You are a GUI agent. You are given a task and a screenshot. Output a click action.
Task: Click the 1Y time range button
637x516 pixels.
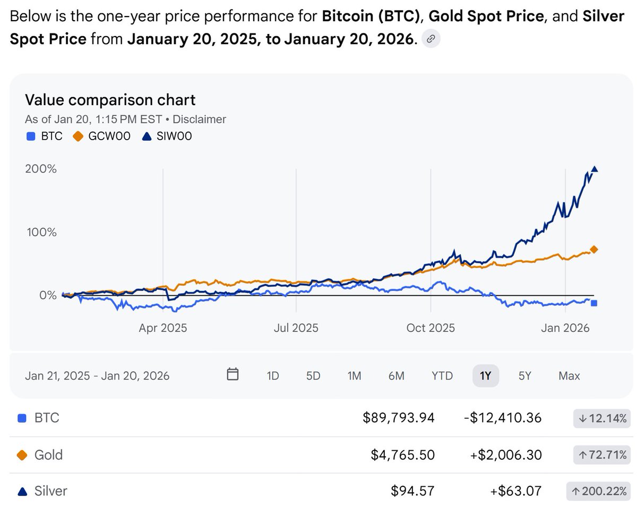(485, 376)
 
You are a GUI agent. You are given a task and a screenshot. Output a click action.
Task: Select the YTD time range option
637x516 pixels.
(442, 376)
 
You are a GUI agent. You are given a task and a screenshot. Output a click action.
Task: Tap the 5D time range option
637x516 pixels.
(313, 376)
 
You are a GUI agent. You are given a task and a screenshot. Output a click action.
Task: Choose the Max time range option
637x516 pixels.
(569, 376)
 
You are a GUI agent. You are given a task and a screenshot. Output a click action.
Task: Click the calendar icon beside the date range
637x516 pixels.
(233, 375)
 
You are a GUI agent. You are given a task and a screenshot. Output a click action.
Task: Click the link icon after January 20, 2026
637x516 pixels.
(431, 39)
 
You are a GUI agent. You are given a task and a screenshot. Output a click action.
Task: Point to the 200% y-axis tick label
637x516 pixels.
(41, 169)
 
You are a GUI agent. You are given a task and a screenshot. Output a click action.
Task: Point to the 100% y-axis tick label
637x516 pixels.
(41, 233)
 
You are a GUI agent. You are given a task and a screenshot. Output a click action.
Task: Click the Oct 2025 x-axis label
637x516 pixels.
(431, 328)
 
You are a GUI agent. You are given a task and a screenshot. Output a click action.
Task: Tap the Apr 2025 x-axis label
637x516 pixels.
(163, 328)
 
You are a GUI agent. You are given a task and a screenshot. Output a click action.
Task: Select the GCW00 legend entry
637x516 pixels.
(105, 136)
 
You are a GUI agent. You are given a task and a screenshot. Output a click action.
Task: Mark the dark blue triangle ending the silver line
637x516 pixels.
(595, 169)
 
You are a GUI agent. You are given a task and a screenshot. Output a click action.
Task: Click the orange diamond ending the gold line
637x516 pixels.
(595, 249)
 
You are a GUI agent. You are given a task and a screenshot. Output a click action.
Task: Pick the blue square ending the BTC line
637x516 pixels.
(594, 303)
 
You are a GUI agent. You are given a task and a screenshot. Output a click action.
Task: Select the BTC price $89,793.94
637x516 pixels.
(398, 418)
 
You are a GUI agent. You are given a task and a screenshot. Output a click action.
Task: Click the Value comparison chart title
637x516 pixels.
(110, 100)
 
